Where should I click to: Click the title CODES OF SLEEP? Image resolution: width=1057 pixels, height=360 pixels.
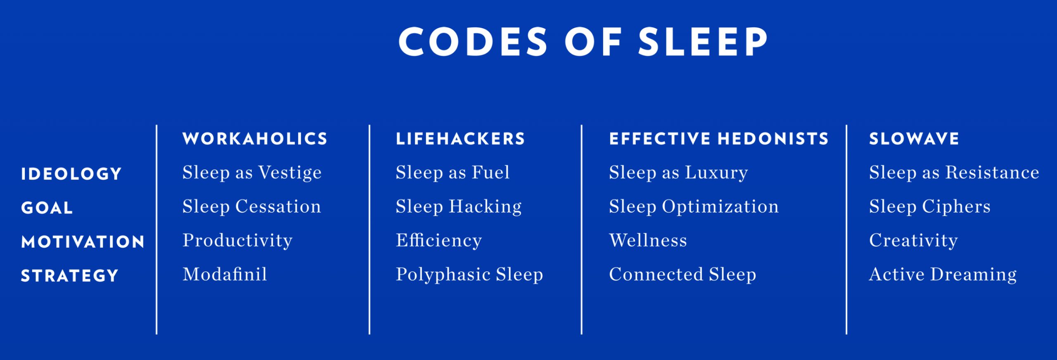click(x=583, y=42)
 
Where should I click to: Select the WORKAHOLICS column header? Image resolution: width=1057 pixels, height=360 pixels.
click(x=255, y=139)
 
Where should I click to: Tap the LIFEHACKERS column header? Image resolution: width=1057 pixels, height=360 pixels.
click(x=460, y=139)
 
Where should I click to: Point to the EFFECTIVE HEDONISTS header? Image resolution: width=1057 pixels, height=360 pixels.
click(x=719, y=139)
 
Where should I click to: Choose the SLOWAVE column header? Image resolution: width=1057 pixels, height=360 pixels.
click(x=914, y=139)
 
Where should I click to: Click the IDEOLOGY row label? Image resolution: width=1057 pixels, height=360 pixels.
click(x=71, y=174)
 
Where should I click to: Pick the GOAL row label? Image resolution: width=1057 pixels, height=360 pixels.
click(x=47, y=208)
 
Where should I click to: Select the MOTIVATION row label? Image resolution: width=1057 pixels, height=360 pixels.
click(x=83, y=242)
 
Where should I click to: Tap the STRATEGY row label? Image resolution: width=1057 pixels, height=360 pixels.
click(x=70, y=276)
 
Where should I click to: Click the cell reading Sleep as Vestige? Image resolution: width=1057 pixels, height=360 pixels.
click(x=252, y=173)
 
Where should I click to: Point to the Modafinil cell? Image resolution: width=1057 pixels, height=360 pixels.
click(x=225, y=274)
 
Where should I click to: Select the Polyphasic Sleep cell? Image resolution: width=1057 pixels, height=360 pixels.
click(x=469, y=275)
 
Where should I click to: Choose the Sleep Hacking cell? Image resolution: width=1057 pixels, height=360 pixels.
click(x=458, y=206)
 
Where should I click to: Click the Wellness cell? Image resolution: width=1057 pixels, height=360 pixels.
click(x=648, y=240)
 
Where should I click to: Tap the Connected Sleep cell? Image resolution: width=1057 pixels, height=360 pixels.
click(x=683, y=274)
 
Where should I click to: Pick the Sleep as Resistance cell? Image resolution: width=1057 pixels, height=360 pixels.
click(x=954, y=173)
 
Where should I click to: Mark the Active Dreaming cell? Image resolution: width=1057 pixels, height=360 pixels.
click(x=943, y=275)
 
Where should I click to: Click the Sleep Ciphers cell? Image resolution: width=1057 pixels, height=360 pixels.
click(x=929, y=206)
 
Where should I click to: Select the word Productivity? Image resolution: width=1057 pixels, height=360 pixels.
click(x=237, y=241)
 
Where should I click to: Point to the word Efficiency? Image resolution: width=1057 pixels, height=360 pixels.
click(x=438, y=241)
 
